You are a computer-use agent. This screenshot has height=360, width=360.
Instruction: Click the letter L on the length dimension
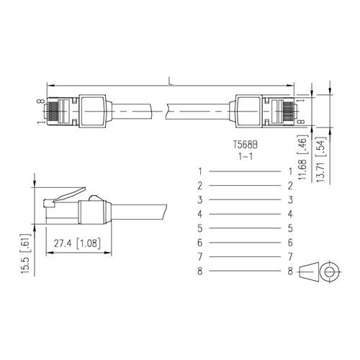click(170, 81)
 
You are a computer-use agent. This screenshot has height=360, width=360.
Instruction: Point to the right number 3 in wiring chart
click(289, 200)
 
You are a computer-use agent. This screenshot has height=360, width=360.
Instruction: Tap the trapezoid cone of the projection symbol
click(308, 272)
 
